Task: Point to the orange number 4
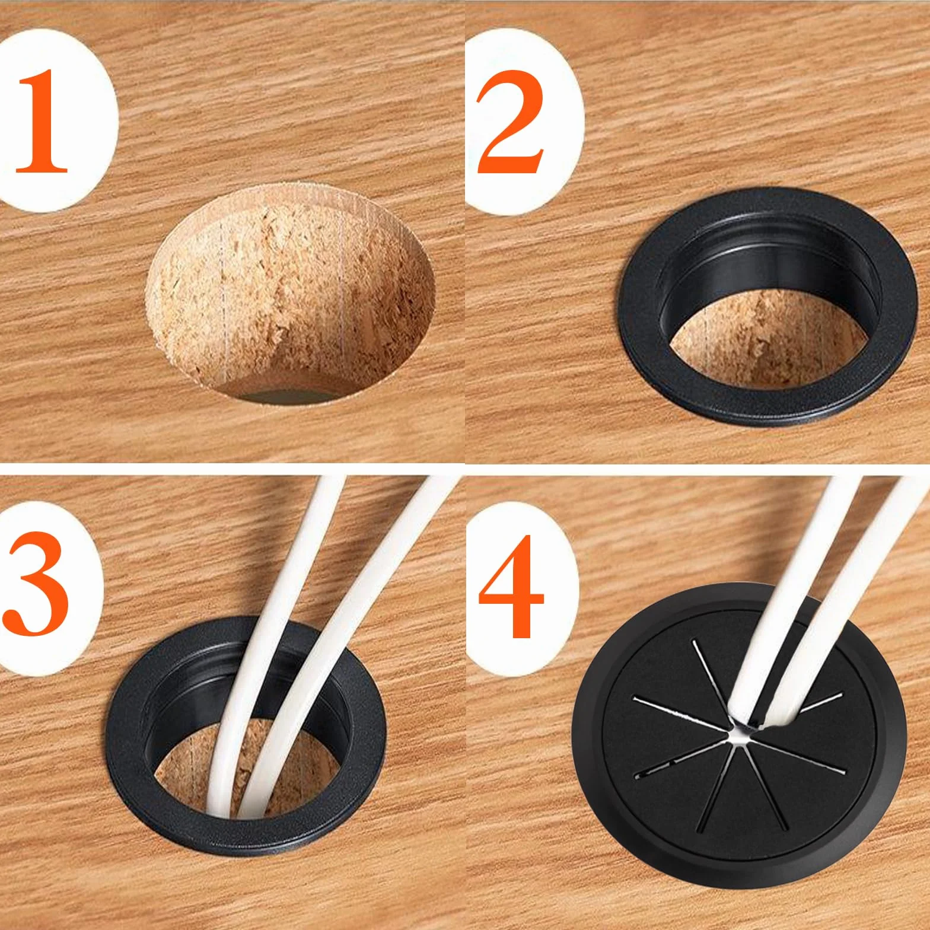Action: click(511, 585)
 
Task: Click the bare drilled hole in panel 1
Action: click(291, 294)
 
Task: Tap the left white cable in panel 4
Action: click(789, 593)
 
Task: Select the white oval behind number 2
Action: click(522, 121)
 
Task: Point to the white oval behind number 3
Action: click(50, 587)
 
